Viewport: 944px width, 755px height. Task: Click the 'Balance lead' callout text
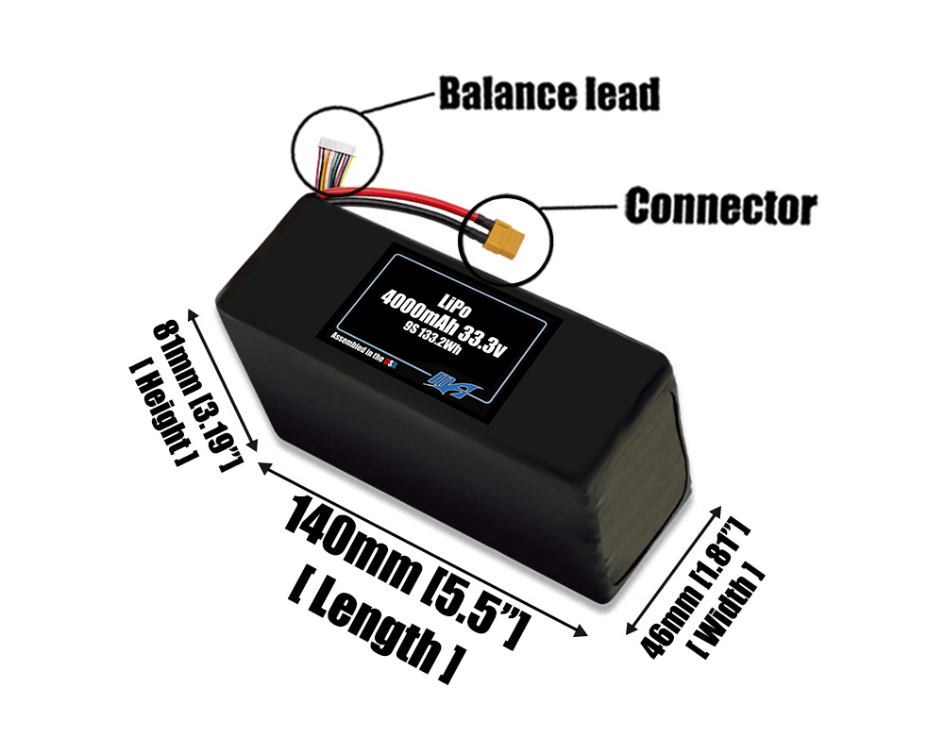[548, 94]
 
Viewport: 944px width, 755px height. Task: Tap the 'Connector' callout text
[720, 206]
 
